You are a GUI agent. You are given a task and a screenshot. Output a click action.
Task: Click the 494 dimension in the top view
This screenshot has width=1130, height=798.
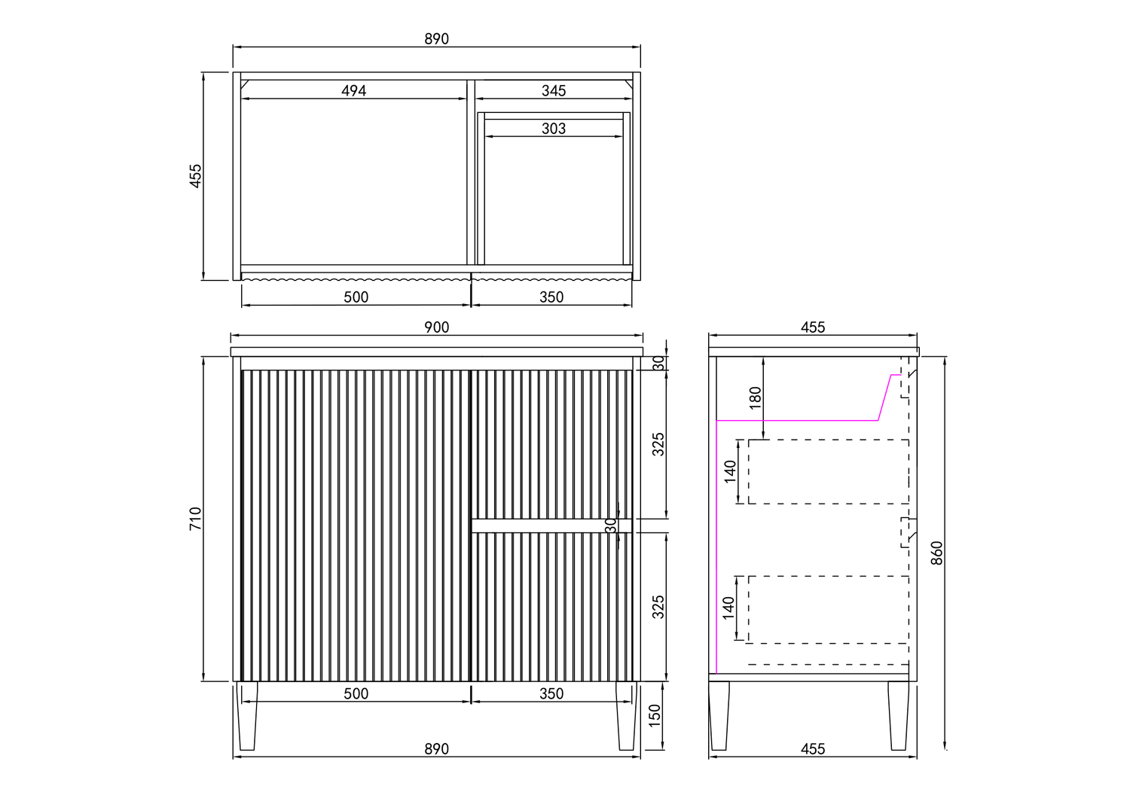353,91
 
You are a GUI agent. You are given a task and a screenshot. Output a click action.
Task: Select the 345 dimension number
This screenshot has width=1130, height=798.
554,91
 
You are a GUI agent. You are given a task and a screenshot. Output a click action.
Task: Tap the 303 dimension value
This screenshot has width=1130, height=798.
554,129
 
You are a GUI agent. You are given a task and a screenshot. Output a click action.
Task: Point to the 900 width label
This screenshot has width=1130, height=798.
436,327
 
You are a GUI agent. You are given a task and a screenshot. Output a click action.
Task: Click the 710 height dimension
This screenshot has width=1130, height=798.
195,518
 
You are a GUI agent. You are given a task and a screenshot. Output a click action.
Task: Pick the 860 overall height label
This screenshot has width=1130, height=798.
936,553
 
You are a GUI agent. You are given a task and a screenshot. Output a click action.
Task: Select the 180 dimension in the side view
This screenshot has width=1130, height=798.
755,397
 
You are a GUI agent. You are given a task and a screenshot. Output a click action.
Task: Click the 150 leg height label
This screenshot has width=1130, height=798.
655,716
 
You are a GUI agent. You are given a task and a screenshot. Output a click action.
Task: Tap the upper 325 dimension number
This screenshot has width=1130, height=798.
658,445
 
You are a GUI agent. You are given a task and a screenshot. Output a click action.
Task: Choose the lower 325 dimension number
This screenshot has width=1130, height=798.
658,607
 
